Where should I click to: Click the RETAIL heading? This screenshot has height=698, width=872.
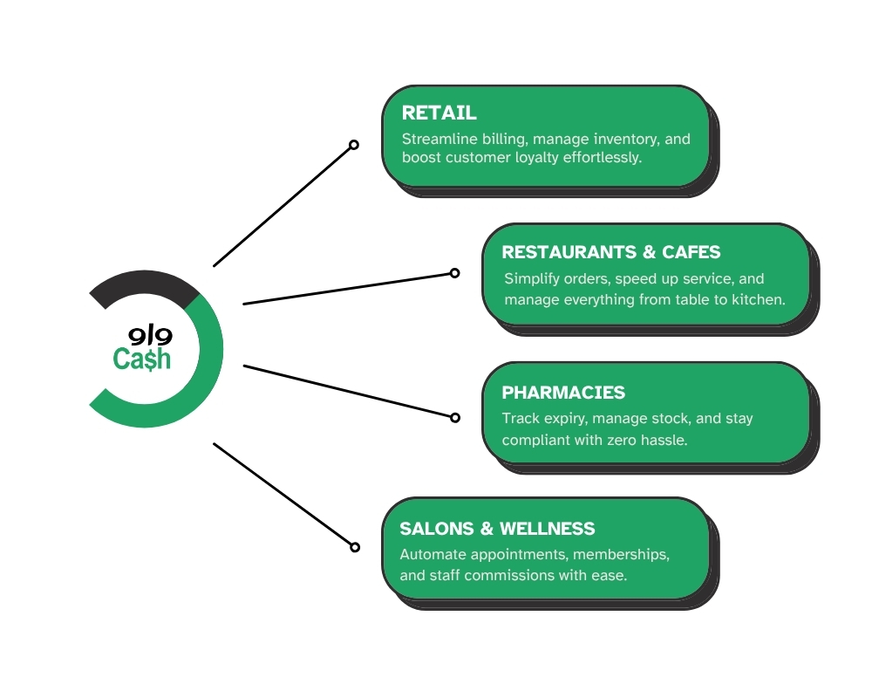click(x=439, y=113)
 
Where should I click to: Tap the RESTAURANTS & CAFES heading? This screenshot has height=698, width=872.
click(x=611, y=252)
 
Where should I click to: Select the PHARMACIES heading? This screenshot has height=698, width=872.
click(x=563, y=393)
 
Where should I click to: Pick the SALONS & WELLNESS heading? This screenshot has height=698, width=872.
click(x=497, y=529)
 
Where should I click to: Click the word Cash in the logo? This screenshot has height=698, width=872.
click(x=142, y=359)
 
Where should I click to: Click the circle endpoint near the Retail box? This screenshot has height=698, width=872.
click(x=354, y=145)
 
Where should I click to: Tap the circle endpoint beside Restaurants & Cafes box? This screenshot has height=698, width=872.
click(x=454, y=273)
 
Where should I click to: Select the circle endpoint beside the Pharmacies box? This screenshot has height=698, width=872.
click(x=454, y=418)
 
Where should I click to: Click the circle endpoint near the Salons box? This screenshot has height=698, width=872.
click(x=355, y=547)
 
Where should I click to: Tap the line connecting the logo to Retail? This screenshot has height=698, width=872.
click(x=283, y=205)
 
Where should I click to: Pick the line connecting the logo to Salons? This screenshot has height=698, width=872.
click(x=283, y=495)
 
